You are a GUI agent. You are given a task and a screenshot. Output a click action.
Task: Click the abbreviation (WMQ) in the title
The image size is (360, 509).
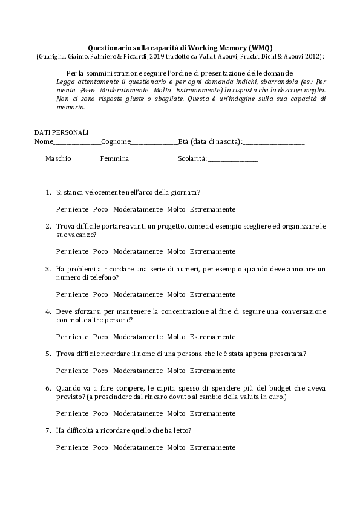258,47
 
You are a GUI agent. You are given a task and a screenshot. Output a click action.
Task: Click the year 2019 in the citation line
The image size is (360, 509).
157,56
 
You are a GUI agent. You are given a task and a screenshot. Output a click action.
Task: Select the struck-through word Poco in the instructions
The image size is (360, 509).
88,89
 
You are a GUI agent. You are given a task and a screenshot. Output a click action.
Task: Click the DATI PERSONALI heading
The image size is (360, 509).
61,132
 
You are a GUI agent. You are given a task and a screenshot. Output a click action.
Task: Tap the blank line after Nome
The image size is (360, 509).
77,143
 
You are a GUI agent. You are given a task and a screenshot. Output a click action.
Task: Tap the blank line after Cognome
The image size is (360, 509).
154,143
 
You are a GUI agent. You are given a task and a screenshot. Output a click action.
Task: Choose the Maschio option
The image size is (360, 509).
58,158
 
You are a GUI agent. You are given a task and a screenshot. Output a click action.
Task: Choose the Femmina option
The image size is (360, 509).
114,158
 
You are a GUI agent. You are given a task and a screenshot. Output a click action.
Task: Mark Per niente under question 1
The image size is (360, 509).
72,209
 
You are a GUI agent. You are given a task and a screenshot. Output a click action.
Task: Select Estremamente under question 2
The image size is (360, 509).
212,251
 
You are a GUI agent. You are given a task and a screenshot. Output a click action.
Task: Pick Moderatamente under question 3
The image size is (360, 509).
137,294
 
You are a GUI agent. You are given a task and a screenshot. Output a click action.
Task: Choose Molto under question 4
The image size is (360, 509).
176,337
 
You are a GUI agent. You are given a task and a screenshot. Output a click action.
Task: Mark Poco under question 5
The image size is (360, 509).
100,371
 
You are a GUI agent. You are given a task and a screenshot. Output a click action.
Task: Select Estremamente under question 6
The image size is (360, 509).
212,413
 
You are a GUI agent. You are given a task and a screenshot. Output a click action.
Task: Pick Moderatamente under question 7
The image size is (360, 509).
137,447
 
